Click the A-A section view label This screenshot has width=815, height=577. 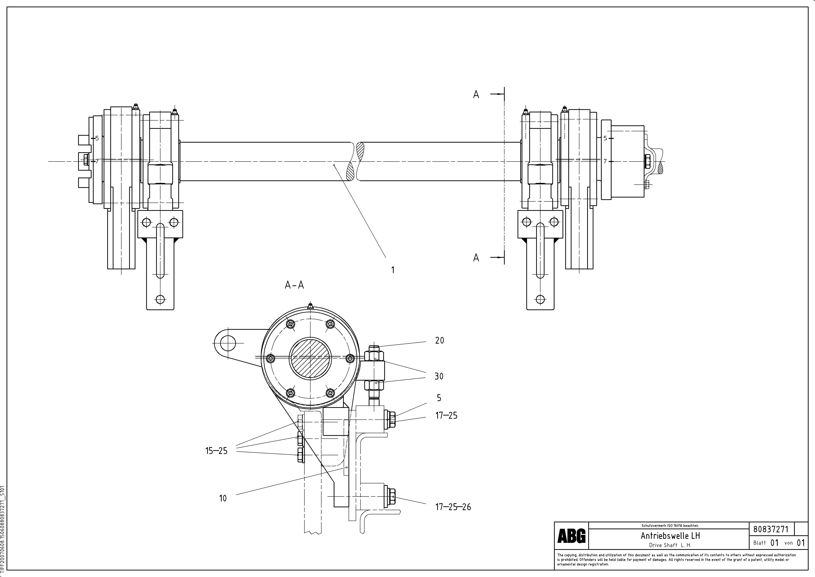click(294, 285)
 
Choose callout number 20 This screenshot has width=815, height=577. click(439, 340)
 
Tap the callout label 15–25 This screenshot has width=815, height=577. click(216, 451)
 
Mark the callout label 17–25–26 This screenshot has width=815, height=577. click(453, 507)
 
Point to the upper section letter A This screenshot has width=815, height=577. click(476, 95)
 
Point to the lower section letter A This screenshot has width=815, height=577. click(476, 258)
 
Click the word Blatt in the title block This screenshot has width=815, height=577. click(759, 543)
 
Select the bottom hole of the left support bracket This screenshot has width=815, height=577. click(160, 299)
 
